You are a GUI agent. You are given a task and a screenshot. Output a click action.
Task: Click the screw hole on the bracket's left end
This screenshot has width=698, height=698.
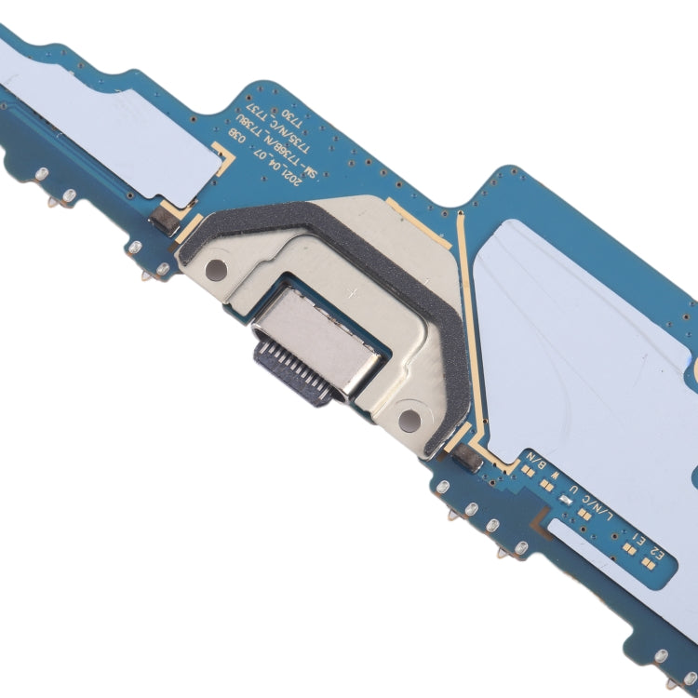tap(215, 271)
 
